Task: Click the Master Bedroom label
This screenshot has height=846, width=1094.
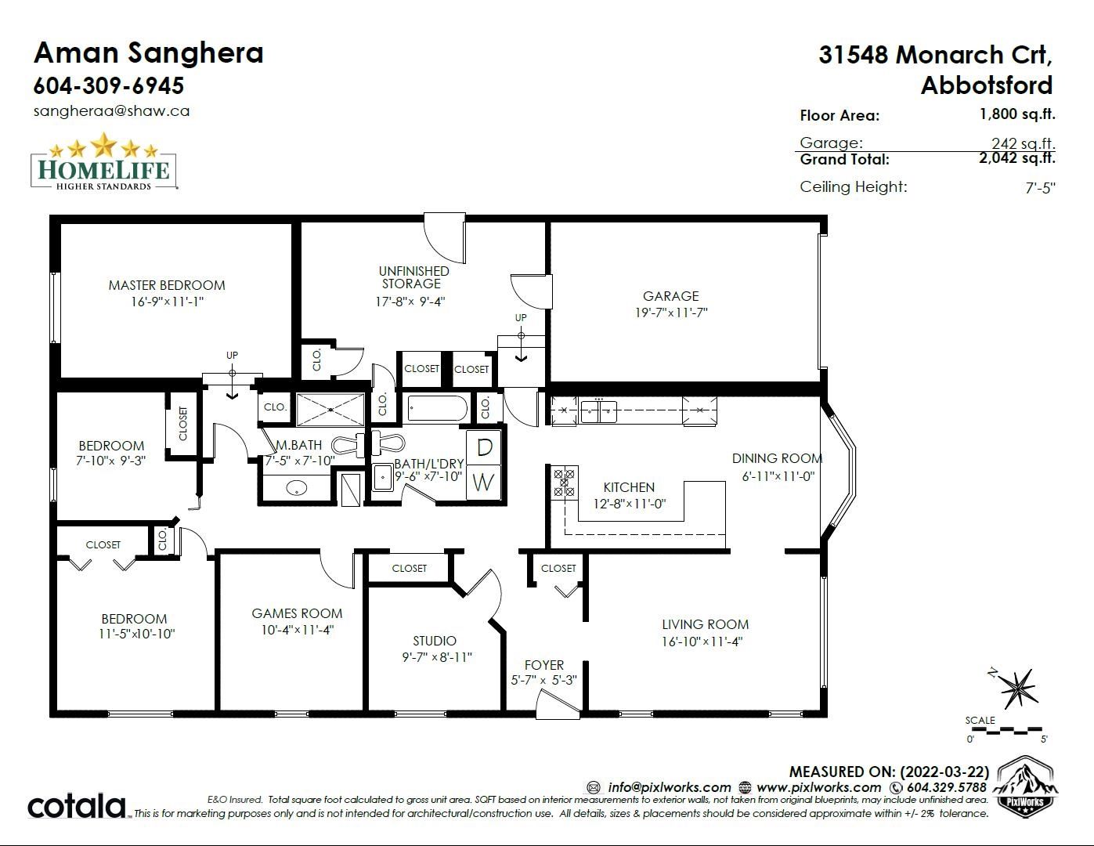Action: point(167,285)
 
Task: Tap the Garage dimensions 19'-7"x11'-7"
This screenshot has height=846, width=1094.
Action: point(671,313)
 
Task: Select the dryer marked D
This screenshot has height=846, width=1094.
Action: point(484,447)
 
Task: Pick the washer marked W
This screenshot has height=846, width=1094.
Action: point(484,483)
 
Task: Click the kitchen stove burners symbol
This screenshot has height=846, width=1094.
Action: point(564,483)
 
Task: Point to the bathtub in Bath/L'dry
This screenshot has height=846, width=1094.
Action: point(438,408)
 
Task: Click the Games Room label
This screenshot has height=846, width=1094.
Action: point(297,613)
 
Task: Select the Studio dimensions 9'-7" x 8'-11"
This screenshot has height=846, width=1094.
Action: point(437,657)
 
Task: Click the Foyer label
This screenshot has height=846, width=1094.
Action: point(544,665)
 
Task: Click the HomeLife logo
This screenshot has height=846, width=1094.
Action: point(103,161)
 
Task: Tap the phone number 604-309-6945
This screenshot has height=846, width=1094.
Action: point(109,85)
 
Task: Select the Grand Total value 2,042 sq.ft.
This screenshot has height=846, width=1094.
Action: point(1017,158)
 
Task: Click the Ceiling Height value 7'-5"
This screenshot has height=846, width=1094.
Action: point(1040,187)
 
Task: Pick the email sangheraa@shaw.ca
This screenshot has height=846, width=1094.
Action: point(112,111)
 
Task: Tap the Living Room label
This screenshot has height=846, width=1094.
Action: point(705,624)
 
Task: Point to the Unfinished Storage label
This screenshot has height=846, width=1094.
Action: point(413,277)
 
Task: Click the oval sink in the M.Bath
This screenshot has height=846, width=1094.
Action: point(297,487)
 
